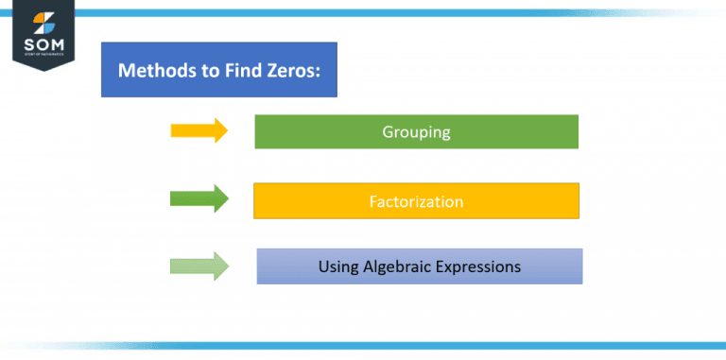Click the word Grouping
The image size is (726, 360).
coord(416,132)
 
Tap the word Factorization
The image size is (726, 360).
coord(416,201)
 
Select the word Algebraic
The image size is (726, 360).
coord(395,267)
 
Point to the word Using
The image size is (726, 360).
coord(337,267)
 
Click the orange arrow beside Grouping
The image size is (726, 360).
coord(199,130)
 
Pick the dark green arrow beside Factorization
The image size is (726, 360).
coord(199,198)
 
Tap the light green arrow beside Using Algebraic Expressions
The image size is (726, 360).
coord(199,266)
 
